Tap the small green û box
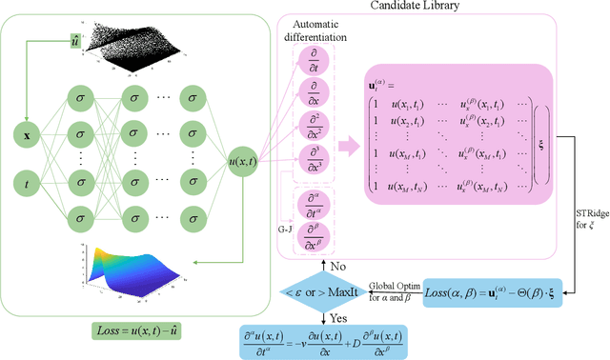click(75, 40)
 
